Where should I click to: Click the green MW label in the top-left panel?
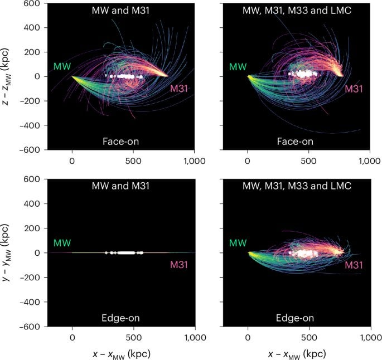pyautogui.click(x=61, y=67)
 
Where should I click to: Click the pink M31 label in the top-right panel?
pyautogui.click(x=354, y=89)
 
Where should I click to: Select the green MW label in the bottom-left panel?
pyautogui.click(x=61, y=243)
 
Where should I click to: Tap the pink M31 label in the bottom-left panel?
pyautogui.click(x=179, y=265)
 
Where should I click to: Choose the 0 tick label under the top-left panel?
pyautogui.click(x=72, y=160)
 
